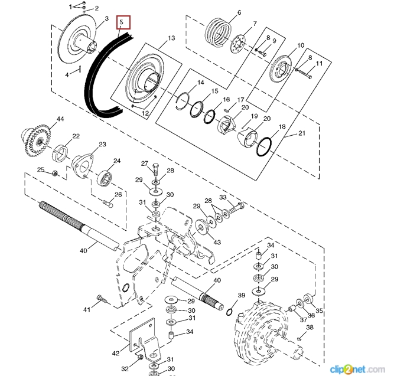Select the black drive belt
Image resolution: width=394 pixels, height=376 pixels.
(x=93, y=80)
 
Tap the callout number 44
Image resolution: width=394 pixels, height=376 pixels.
(x=60, y=120)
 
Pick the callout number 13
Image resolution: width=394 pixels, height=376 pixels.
(x=171, y=38)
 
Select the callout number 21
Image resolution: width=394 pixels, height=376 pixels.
(x=302, y=135)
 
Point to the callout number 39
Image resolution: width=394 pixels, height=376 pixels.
(x=241, y=295)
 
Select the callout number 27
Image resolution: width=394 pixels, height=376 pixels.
(x=144, y=164)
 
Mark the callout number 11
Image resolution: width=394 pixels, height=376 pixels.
(x=319, y=64)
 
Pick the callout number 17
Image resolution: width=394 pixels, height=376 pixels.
(x=240, y=100)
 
